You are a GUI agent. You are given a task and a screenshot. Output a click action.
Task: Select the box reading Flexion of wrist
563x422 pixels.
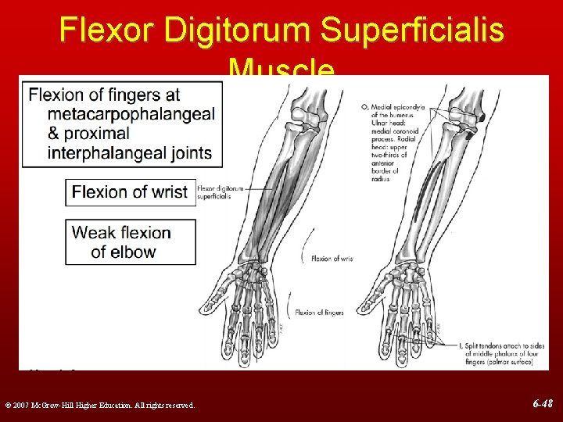[x=130, y=191]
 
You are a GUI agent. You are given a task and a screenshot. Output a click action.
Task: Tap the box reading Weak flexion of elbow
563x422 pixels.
[x=130, y=241]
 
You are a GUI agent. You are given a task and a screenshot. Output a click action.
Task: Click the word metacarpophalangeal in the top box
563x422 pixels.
[x=131, y=115]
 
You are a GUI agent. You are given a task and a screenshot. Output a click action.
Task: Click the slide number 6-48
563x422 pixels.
[x=542, y=404]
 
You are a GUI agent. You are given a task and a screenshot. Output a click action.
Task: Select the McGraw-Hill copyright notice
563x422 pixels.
[x=99, y=405]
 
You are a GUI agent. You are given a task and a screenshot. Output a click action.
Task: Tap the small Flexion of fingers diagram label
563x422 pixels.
[x=319, y=313]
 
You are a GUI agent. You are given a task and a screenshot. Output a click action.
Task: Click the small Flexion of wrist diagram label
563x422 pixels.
[x=332, y=258]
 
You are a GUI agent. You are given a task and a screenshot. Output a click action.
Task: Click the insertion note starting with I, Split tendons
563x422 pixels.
[x=493, y=354]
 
